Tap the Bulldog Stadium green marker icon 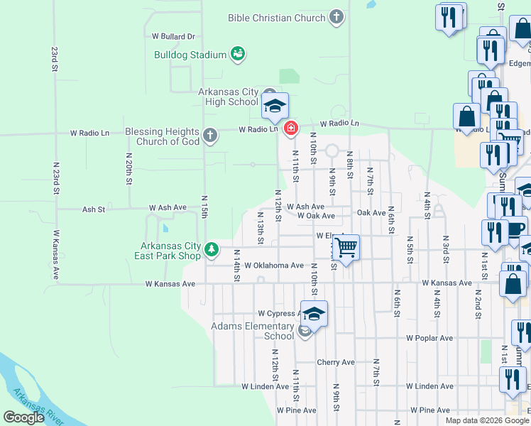(239, 53)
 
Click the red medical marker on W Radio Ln (290, 129)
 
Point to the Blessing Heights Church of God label (163, 136)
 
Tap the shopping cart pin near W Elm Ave (346, 248)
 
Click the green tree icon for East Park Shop (212, 249)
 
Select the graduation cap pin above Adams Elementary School (314, 313)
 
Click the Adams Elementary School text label (253, 332)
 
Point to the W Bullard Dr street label (173, 36)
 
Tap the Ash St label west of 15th (94, 209)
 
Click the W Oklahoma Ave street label (274, 266)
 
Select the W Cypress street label (276, 312)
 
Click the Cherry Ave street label (336, 362)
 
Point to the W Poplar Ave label (429, 338)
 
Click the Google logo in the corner (24, 417)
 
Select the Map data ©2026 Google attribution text (486, 420)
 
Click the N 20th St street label (129, 168)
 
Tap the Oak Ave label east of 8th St (371, 213)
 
